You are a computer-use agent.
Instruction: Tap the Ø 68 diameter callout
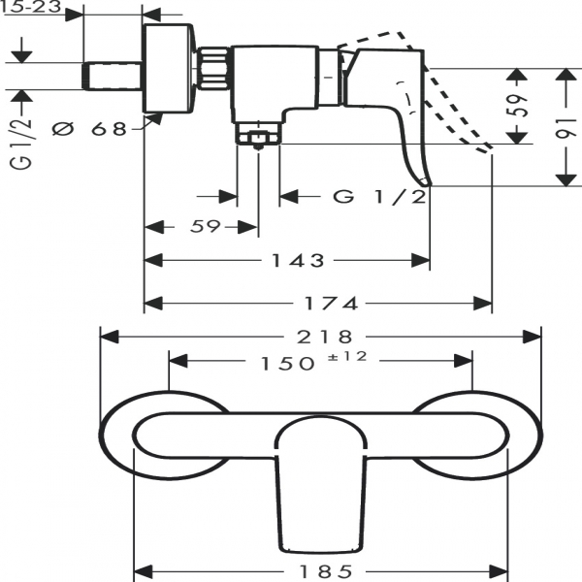(x=92, y=127)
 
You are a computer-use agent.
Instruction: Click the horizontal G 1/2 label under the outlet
(x=380, y=197)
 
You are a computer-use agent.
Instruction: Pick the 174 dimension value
(x=338, y=304)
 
